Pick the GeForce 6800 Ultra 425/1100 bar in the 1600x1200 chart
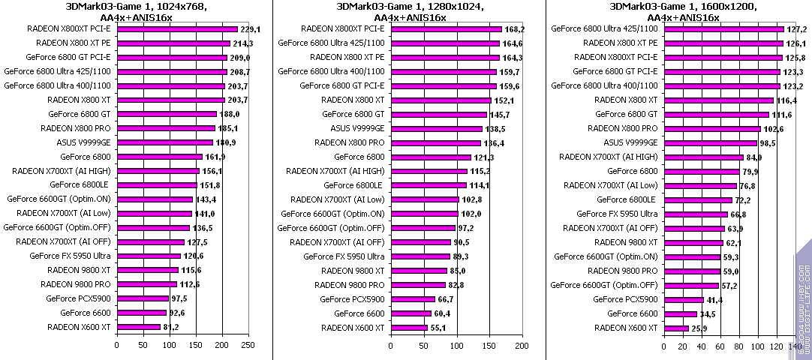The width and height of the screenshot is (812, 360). [x=723, y=29]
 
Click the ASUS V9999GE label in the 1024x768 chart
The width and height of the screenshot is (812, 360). [x=83, y=142]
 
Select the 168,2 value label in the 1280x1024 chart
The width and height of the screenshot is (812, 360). [x=515, y=29]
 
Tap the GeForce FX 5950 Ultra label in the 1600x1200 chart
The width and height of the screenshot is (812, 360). [x=617, y=214]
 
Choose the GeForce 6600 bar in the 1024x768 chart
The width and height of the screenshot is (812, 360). [x=141, y=313]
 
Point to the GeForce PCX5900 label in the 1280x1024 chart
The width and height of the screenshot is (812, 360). [x=352, y=299]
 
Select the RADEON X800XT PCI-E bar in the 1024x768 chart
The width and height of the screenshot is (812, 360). [x=177, y=29]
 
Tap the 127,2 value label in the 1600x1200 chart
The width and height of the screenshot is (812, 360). [x=796, y=29]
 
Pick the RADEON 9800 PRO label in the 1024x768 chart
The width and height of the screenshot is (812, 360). [x=80, y=285]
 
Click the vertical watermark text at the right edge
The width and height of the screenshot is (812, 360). [x=804, y=300]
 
